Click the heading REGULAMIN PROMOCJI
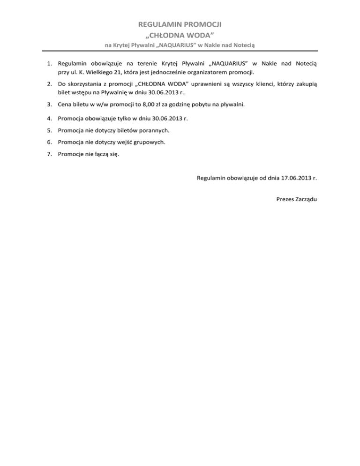180,23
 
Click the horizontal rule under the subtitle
180,51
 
